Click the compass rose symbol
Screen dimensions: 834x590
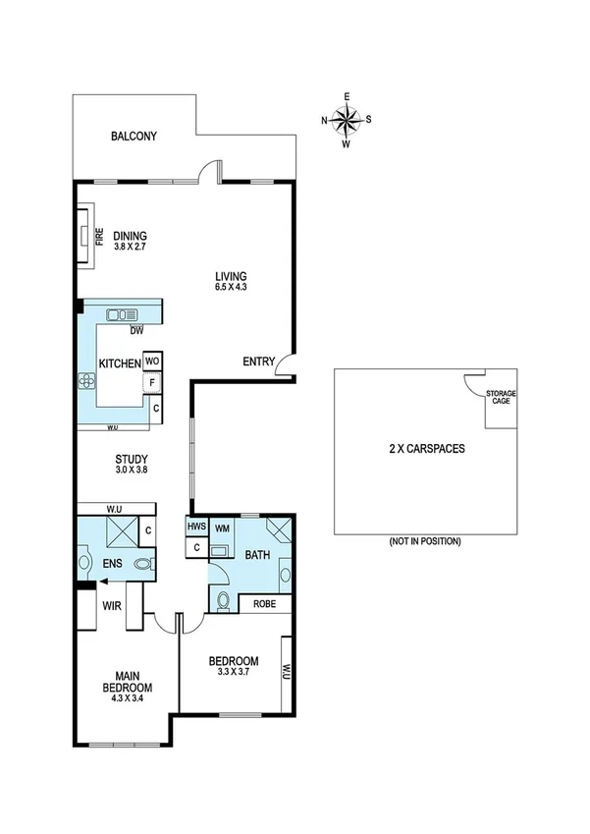point(346,120)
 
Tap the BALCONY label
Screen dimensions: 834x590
point(134,137)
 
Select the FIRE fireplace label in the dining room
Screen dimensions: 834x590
point(99,237)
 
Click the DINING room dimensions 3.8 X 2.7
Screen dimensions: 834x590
point(130,248)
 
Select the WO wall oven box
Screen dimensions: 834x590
point(152,361)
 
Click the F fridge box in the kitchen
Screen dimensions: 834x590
point(153,384)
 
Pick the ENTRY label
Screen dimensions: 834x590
point(258,361)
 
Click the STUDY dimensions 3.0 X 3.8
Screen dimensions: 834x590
point(131,471)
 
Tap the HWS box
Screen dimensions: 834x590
point(196,528)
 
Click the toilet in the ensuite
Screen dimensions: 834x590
point(143,564)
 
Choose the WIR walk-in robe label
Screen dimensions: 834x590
point(111,606)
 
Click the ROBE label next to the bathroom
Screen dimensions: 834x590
point(264,604)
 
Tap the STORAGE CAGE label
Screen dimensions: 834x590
point(501,397)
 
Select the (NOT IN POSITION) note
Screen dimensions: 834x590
point(425,541)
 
